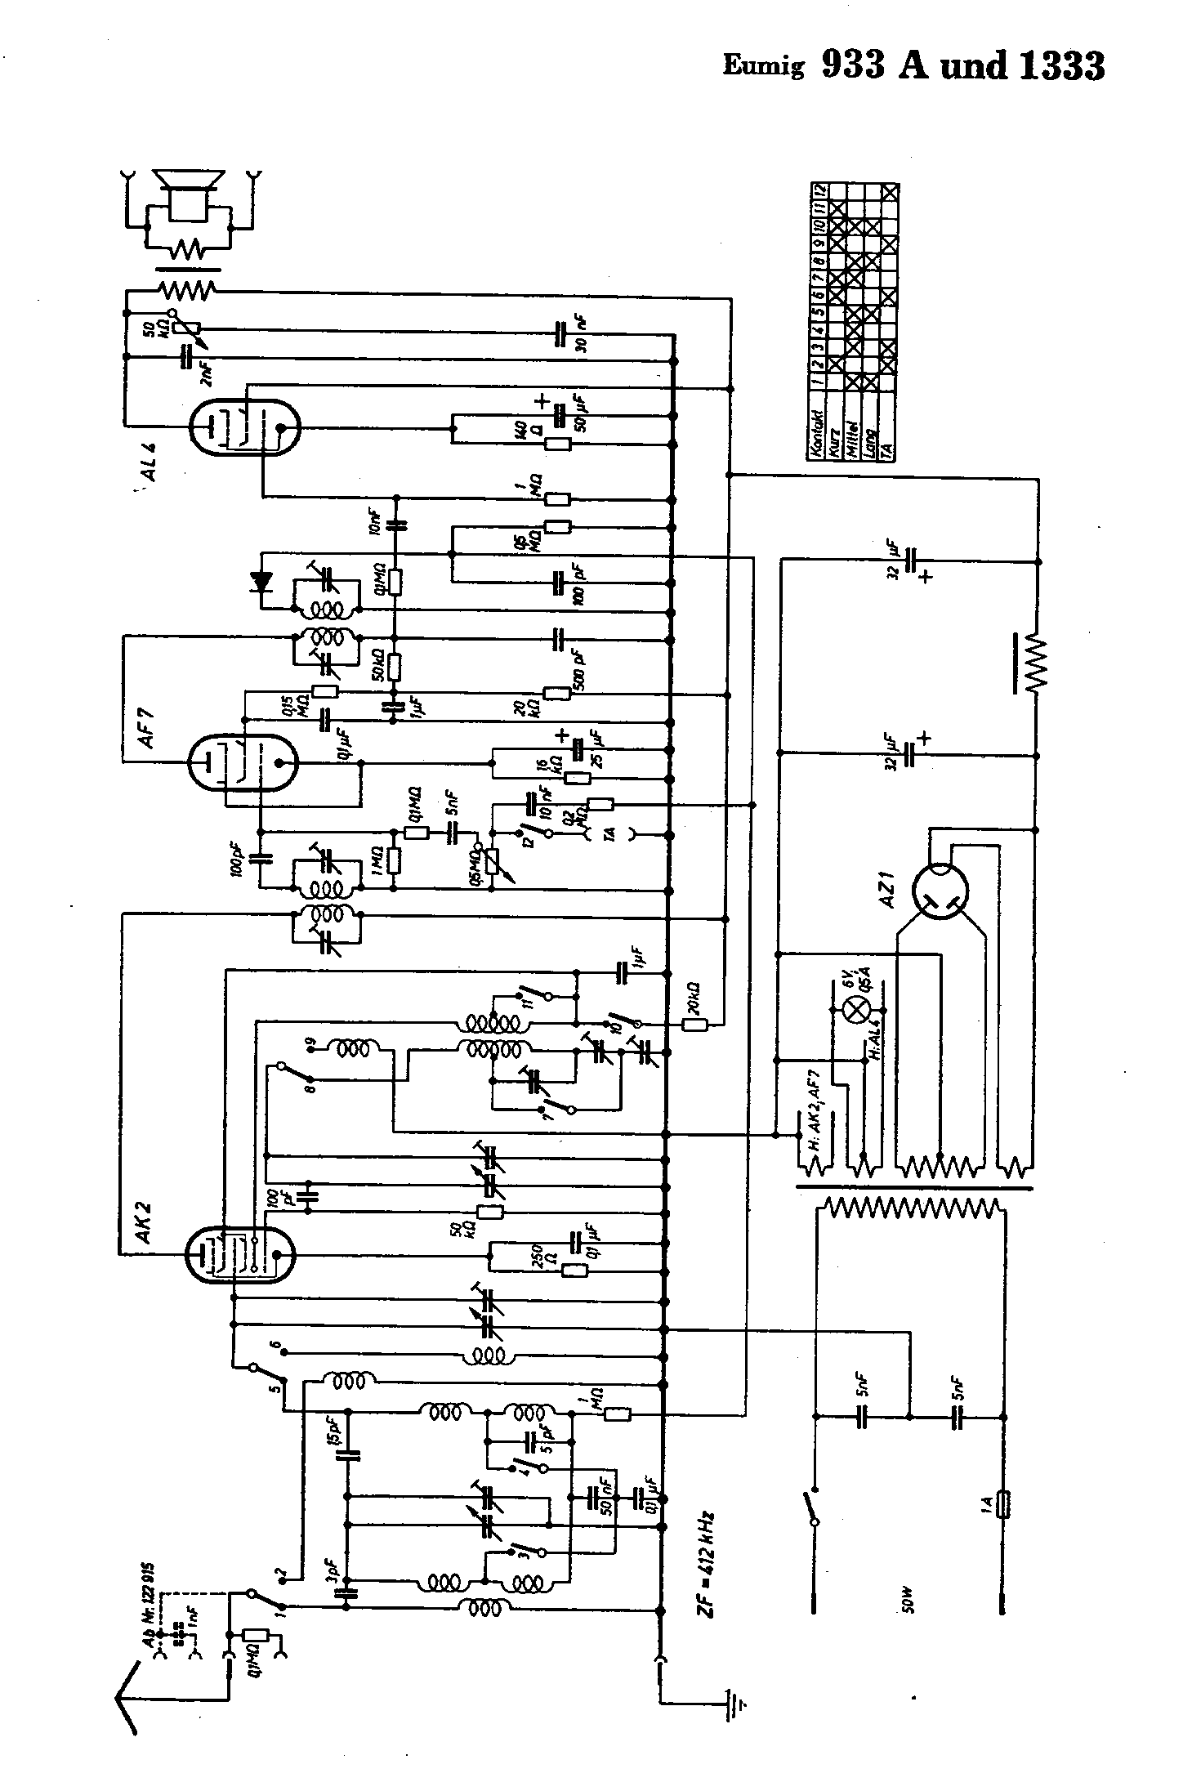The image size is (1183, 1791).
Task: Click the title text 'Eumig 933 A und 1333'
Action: pos(913,65)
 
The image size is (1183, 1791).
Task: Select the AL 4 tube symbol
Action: pos(243,427)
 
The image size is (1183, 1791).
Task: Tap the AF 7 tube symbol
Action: pos(242,762)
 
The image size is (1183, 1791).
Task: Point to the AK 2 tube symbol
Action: pos(240,1254)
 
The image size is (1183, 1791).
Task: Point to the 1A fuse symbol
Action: pos(1005,1499)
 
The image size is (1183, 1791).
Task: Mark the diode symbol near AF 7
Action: pos(262,582)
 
